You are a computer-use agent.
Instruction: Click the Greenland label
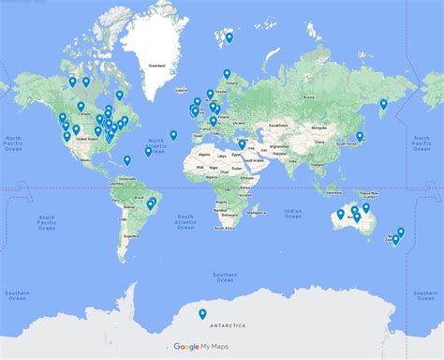(158, 67)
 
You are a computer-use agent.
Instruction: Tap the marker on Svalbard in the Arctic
(229, 38)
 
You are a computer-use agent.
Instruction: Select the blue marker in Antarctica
(201, 315)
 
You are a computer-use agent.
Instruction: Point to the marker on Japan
(360, 137)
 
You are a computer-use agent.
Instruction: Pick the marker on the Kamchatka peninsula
(383, 104)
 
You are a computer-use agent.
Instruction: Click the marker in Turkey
(242, 144)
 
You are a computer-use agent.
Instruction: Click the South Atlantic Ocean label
(185, 222)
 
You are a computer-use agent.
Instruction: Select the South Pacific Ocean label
(48, 222)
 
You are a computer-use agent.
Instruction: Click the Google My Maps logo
(200, 347)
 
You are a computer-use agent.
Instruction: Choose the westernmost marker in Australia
(341, 215)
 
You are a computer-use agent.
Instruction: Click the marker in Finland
(227, 73)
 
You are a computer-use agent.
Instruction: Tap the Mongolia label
(321, 125)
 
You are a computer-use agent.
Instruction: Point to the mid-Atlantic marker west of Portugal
(174, 135)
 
